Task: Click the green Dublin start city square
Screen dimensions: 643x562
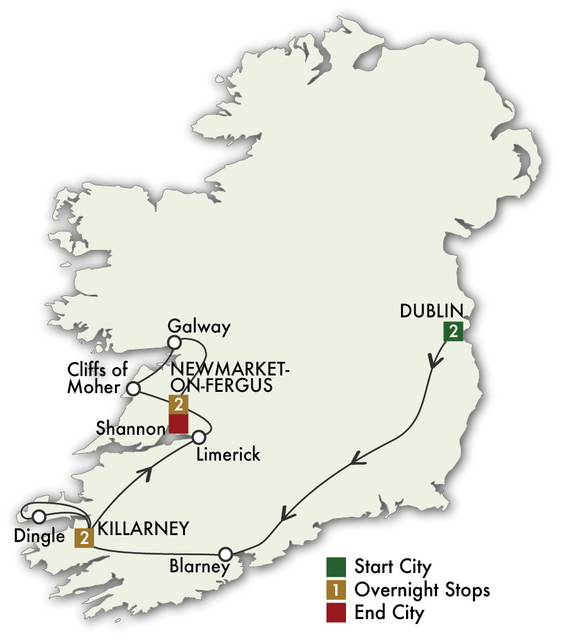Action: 453,332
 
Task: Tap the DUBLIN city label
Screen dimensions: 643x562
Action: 431,310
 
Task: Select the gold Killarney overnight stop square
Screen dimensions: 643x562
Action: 84,538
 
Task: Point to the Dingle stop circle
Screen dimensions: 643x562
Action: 39,517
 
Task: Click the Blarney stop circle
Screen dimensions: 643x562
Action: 225,555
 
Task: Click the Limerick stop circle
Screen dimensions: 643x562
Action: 199,437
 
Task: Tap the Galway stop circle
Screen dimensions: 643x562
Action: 174,343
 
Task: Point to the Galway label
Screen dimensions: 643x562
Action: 199,327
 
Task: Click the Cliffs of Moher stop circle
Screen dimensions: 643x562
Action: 133,388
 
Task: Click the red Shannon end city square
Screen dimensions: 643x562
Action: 179,424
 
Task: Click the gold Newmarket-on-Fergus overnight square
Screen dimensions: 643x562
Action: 179,404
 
